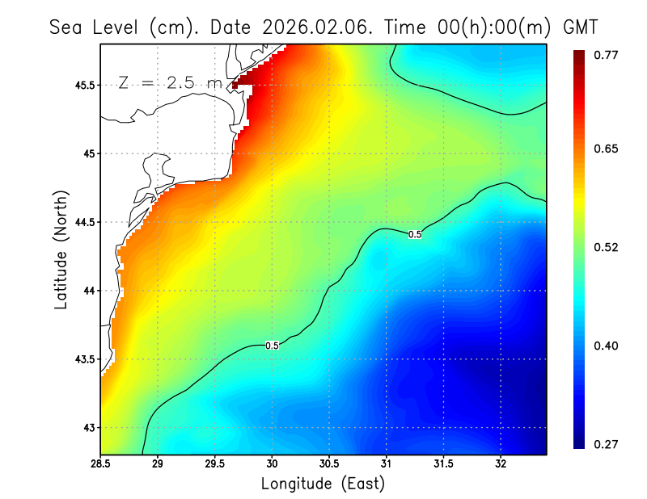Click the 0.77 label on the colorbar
607,55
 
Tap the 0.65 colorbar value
607,149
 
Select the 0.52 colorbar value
607,247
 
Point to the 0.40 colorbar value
607,346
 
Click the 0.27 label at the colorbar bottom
607,444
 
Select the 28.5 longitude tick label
101,464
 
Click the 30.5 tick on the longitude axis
330,464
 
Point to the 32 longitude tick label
501,464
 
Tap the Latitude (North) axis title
61,249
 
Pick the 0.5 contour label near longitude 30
273,346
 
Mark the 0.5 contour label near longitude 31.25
415,234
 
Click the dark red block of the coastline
235,85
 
